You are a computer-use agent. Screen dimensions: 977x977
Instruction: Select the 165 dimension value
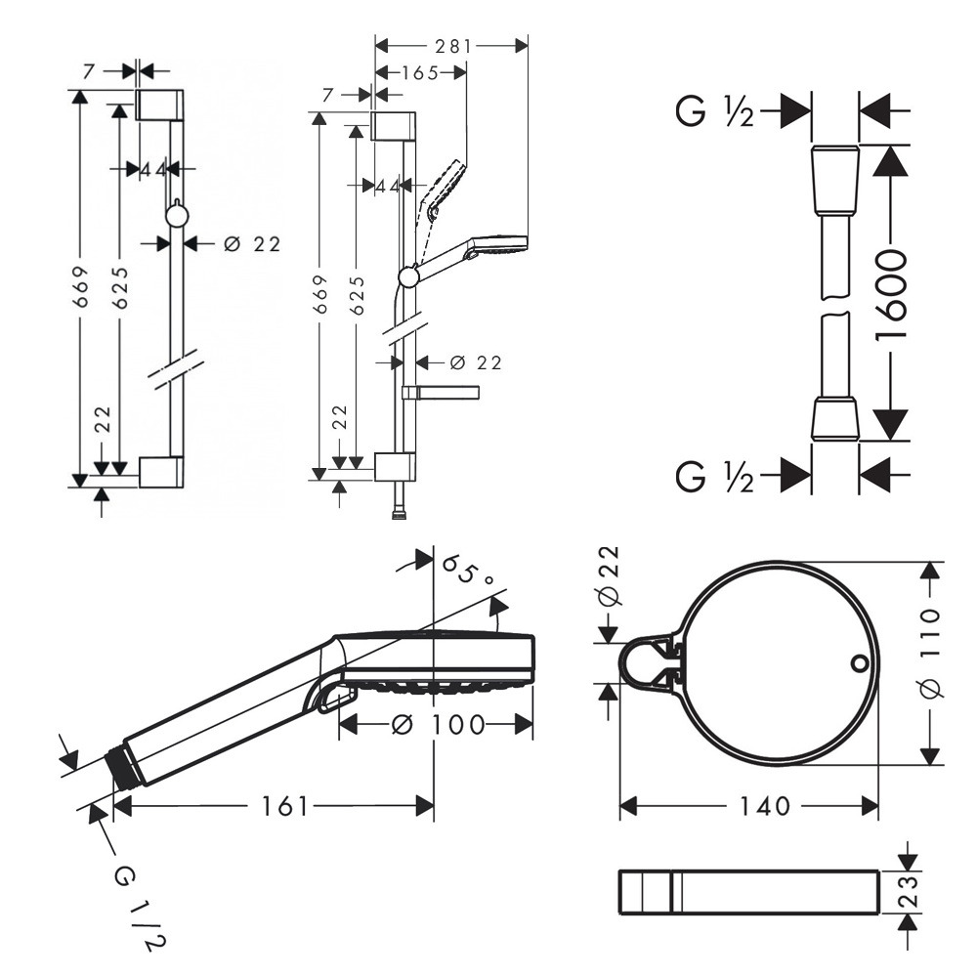pyautogui.click(x=419, y=71)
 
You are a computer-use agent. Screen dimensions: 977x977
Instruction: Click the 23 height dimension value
pyautogui.click(x=909, y=891)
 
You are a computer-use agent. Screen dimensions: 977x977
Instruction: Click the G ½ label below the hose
pyautogui.click(x=714, y=478)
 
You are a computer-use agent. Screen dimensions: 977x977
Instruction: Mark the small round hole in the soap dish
pyautogui.click(x=859, y=665)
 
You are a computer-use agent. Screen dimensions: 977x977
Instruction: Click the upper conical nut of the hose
pyautogui.click(x=834, y=181)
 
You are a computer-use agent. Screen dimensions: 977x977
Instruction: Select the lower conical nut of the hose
pyautogui.click(x=835, y=417)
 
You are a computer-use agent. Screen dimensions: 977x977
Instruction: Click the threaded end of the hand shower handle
pyautogui.click(x=124, y=768)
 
